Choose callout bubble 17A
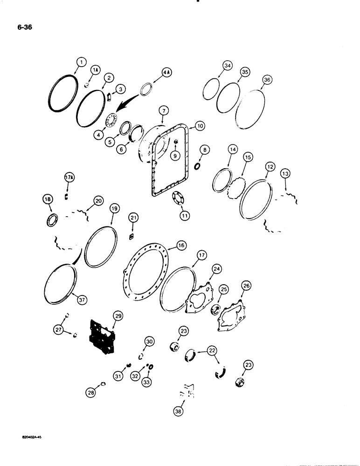click(x=69, y=177)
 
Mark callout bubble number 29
click(x=118, y=316)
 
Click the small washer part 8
click(x=196, y=166)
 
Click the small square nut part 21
click(x=132, y=237)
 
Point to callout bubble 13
click(x=285, y=173)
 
